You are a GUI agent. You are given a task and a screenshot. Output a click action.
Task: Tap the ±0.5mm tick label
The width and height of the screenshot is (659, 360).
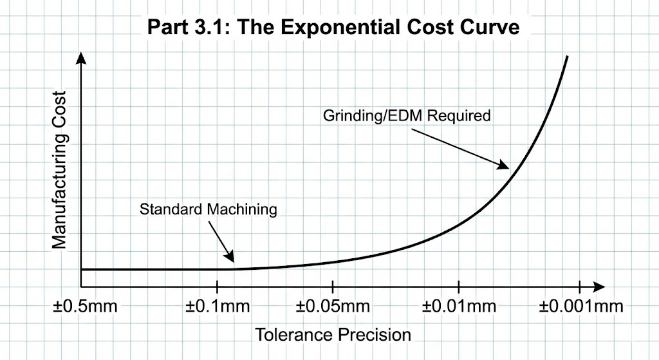[x=85, y=305]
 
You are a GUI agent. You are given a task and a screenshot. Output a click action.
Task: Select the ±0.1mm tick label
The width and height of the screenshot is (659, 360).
[x=218, y=305]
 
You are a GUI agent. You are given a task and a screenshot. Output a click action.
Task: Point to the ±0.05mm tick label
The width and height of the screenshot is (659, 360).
[x=332, y=305]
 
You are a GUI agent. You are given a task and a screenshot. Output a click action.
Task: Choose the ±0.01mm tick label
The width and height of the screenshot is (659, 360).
[x=459, y=305]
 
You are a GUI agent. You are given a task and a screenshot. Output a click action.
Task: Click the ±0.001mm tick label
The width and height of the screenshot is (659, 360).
[x=580, y=305]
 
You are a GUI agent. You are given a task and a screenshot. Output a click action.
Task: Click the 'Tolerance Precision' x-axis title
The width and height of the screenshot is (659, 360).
[x=333, y=335]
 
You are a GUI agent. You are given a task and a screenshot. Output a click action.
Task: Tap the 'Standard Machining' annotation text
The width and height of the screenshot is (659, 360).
[x=209, y=209]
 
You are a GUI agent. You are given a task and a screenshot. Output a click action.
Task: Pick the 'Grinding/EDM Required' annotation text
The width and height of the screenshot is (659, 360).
[x=406, y=116]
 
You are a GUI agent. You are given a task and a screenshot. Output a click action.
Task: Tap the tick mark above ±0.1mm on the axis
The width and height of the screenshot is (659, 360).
[x=218, y=286]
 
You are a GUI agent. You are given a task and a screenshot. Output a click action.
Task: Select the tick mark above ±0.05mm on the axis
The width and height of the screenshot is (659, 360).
[x=332, y=286]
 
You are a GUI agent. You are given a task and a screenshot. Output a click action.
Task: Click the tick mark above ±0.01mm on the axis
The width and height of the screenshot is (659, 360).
[x=458, y=286]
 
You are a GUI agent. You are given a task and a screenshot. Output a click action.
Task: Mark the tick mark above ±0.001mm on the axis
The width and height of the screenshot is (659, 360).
[x=580, y=286]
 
